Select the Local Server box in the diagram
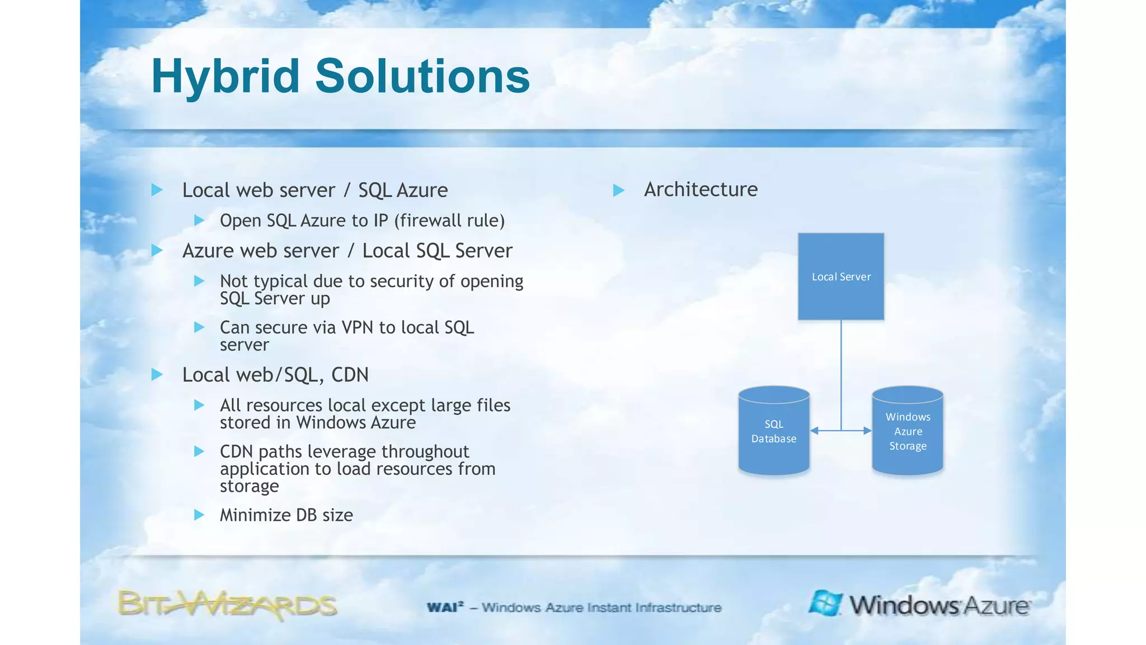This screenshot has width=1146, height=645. click(x=840, y=277)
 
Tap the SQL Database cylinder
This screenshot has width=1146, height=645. click(x=773, y=431)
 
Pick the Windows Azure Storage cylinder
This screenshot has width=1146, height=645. click(x=907, y=431)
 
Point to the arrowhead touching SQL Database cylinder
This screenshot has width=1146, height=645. click(x=815, y=431)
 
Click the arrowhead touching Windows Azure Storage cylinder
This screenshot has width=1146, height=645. click(x=867, y=431)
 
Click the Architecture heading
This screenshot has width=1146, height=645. click(x=701, y=189)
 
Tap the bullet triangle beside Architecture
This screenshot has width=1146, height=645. click(x=618, y=190)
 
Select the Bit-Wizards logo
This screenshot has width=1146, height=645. click(x=227, y=605)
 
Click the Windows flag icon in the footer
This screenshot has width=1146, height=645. click(x=825, y=603)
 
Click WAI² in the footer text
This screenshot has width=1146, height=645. click(x=445, y=607)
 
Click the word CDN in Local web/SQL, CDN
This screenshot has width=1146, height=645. click(x=350, y=375)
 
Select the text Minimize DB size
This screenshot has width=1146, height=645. click(x=286, y=515)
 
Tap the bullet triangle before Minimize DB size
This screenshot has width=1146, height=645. click(x=199, y=515)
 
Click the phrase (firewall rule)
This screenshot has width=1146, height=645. click(x=449, y=221)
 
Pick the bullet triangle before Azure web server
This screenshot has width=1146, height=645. click(x=157, y=250)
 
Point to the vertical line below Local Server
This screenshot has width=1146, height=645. click(x=840, y=370)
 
